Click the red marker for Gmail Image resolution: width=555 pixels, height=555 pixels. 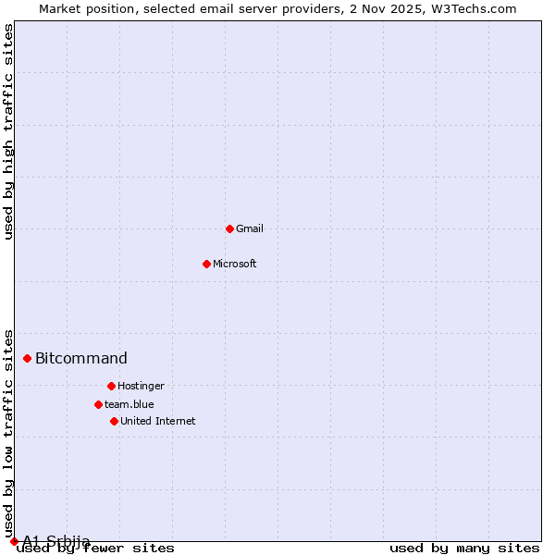229,228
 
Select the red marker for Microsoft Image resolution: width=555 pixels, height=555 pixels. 206,264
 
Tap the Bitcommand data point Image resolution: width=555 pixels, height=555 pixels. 27,358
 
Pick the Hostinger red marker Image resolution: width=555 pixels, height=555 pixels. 111,386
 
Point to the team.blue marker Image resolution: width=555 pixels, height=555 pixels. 98,404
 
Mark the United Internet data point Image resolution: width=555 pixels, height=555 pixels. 114,421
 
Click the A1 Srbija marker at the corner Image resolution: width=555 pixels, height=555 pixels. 14,541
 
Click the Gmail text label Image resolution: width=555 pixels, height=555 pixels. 250,228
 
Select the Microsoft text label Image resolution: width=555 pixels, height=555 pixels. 235,264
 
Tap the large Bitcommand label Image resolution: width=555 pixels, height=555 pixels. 81,359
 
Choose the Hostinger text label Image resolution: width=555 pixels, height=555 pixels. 141,386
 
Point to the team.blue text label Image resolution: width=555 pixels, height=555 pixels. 129,404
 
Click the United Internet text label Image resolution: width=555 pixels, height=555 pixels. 158,421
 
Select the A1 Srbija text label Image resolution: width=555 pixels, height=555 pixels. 56,541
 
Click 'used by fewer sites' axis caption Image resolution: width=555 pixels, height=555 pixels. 95,549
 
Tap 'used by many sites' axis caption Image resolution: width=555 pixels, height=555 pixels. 464,549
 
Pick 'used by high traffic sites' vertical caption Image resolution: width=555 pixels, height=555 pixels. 9,131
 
